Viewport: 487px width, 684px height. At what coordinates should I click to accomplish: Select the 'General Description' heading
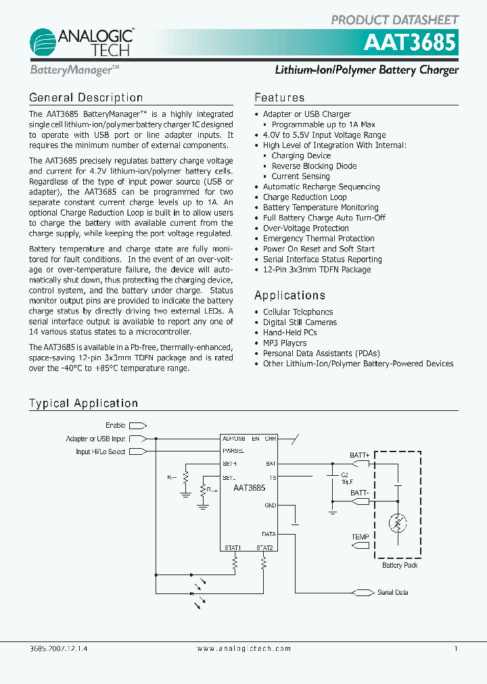click(86, 98)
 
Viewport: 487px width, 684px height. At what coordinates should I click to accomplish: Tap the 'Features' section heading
click(279, 98)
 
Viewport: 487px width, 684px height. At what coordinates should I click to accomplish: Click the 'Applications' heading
click(289, 295)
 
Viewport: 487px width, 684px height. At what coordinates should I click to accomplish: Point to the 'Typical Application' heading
click(83, 404)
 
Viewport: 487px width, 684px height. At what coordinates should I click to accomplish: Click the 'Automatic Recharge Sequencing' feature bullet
click(321, 187)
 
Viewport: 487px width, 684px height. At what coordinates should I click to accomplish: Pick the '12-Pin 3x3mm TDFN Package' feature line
click(317, 270)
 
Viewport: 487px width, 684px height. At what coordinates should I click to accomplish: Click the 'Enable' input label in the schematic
click(116, 425)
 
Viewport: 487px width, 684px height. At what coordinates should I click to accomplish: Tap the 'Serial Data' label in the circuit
click(392, 593)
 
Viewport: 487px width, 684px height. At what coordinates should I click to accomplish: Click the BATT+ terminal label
click(359, 456)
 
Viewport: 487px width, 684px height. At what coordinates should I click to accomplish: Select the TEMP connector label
click(360, 537)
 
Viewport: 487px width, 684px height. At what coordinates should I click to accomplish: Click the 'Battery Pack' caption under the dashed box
click(400, 565)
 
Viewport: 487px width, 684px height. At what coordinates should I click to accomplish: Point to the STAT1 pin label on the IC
click(233, 547)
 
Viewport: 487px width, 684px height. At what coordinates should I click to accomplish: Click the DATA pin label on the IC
click(269, 534)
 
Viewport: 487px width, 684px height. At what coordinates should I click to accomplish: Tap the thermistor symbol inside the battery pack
click(398, 523)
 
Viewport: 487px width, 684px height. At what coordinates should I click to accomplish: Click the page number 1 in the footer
click(456, 649)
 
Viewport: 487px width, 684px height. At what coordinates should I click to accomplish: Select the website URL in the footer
click(243, 649)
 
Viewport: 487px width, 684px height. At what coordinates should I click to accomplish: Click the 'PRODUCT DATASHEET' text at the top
click(394, 20)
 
